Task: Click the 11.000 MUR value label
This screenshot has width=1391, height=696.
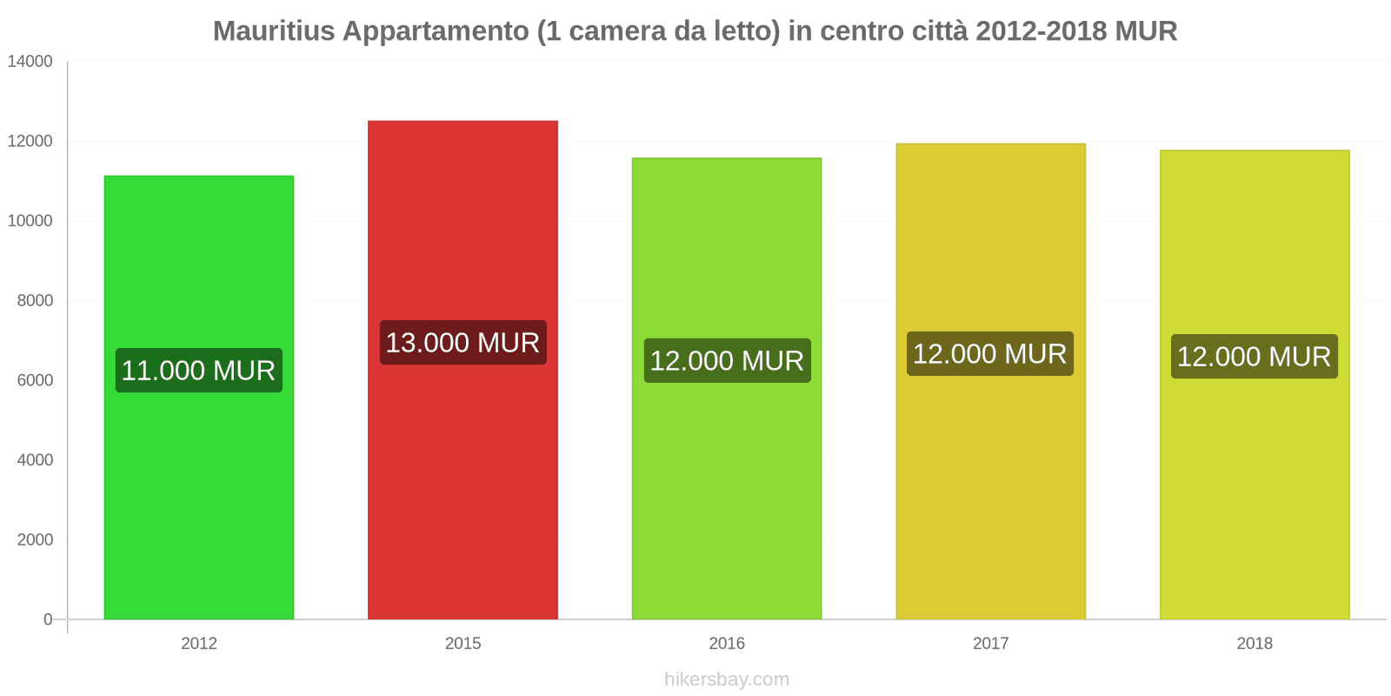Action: pyautogui.click(x=199, y=371)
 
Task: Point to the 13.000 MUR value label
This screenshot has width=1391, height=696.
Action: pyautogui.click(x=463, y=343)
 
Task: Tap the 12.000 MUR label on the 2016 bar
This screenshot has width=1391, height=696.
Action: pyautogui.click(x=727, y=360)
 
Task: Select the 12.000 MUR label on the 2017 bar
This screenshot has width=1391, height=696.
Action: pyautogui.click(x=990, y=354)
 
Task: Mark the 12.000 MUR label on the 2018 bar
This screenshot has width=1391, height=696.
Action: pyautogui.click(x=1255, y=357)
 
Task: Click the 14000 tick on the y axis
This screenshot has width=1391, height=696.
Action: pyautogui.click(x=30, y=62)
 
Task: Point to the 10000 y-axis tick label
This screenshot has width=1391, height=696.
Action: pyautogui.click(x=30, y=221)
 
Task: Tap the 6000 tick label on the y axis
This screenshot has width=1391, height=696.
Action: pyautogui.click(x=35, y=380)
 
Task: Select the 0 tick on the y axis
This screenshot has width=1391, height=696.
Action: pyautogui.click(x=48, y=619)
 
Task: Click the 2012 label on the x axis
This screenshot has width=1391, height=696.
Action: pyautogui.click(x=199, y=644)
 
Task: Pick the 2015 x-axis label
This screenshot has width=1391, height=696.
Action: pyautogui.click(x=463, y=644)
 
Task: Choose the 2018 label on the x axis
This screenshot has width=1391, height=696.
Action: pyautogui.click(x=1255, y=644)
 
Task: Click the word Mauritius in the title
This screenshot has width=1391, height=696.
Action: pyautogui.click(x=274, y=31)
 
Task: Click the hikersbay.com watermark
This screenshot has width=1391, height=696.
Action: pyautogui.click(x=727, y=679)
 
